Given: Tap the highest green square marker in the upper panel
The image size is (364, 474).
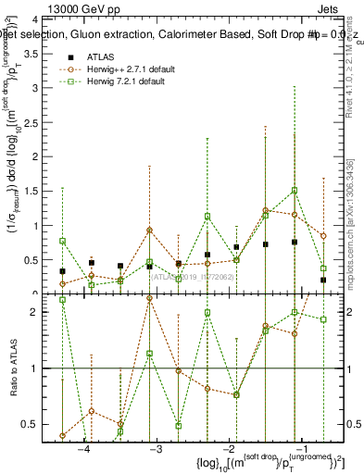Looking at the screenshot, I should [x=295, y=191].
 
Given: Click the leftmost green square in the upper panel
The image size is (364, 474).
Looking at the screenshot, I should [x=62, y=241].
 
